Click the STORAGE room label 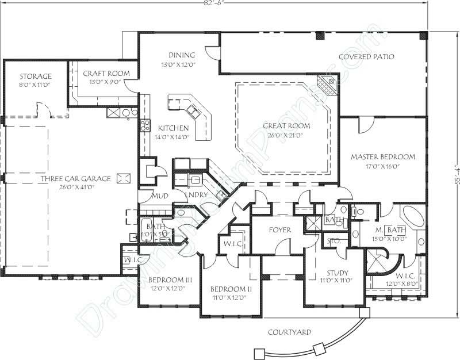[36, 76]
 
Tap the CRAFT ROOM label [106, 74]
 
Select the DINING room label [182, 55]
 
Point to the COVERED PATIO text [366, 56]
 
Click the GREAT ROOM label [286, 126]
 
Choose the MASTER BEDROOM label [383, 156]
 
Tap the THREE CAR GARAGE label [68, 179]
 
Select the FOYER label [279, 229]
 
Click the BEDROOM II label [228, 289]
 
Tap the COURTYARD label [290, 332]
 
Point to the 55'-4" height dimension [454, 173]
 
